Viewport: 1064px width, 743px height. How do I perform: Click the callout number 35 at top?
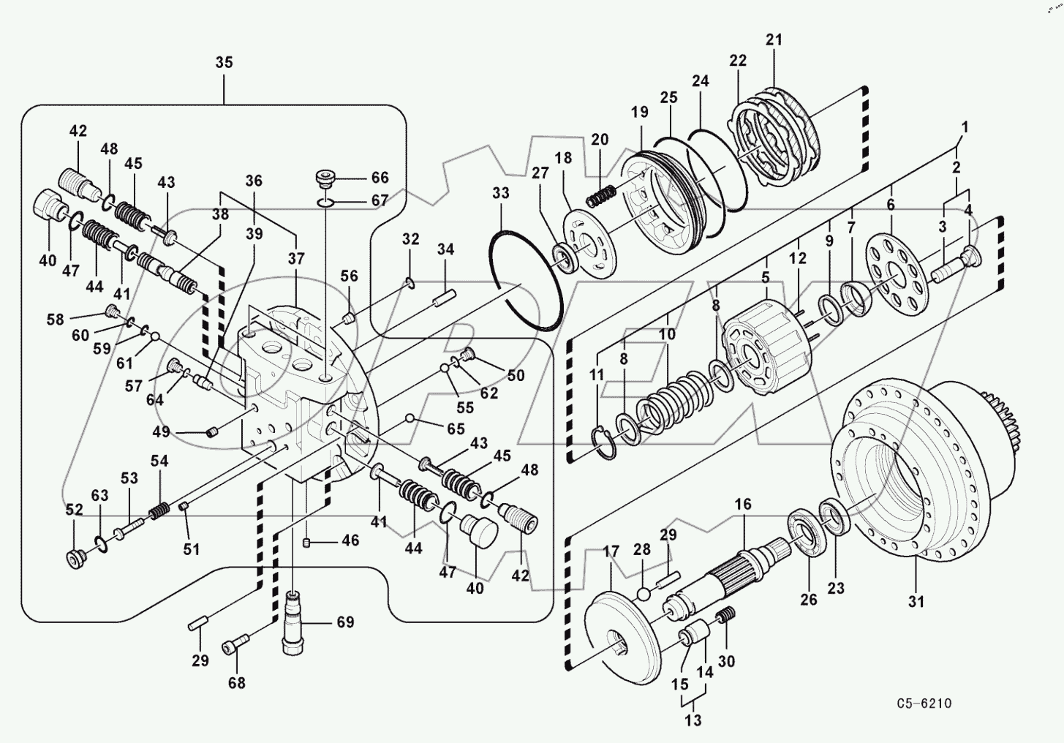click(x=224, y=62)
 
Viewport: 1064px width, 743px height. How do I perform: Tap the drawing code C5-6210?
click(x=924, y=704)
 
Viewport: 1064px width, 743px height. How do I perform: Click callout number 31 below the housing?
click(x=916, y=601)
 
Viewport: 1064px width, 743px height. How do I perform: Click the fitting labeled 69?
click(x=294, y=622)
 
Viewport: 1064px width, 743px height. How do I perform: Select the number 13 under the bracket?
click(x=693, y=720)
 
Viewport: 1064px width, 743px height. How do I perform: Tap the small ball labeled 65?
click(x=410, y=419)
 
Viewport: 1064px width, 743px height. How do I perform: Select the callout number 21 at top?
click(x=774, y=39)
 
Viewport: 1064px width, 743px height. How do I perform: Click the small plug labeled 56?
click(x=349, y=319)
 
